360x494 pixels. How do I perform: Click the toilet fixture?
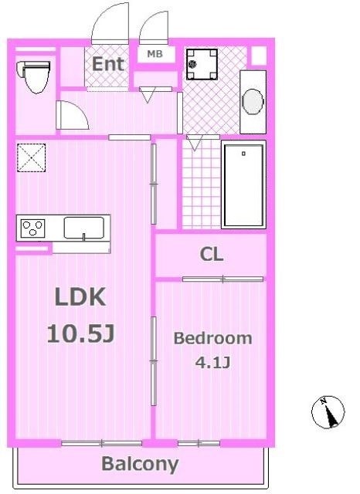pos(36,77)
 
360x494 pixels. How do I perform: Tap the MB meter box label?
pos(155,54)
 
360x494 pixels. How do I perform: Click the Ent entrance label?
pos(108,64)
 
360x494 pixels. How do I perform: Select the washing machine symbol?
pos(202,64)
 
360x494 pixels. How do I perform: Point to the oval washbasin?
pos(253,102)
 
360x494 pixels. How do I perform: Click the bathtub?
pos(243,184)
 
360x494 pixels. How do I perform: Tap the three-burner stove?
pos(32,228)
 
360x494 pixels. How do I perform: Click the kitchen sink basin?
pos(84,228)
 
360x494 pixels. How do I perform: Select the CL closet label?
pos(212,254)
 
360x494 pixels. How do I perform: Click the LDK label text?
pos(80,296)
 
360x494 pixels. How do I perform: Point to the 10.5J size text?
pos(80,333)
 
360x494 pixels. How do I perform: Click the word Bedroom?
pos(212,338)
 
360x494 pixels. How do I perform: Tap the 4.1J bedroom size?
pos(212,362)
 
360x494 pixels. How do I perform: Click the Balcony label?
pos(140,464)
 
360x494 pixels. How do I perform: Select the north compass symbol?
pos(328,411)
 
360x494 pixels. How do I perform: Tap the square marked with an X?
pos(31,157)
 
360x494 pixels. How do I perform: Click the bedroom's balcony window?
pos(199,443)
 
